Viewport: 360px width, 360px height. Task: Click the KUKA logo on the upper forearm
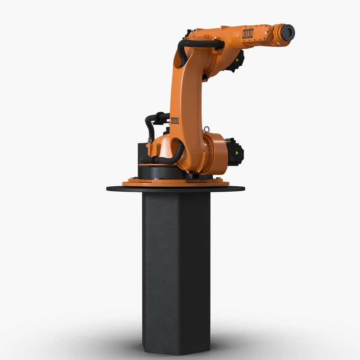[248, 33]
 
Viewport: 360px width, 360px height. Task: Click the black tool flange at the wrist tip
[286, 32]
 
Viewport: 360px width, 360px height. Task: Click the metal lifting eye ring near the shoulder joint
[206, 130]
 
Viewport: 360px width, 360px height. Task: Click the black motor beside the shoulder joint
[235, 151]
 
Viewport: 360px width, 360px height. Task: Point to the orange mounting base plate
[178, 182]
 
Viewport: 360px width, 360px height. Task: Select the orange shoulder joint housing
[214, 153]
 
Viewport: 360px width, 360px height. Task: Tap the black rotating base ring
[157, 171]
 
